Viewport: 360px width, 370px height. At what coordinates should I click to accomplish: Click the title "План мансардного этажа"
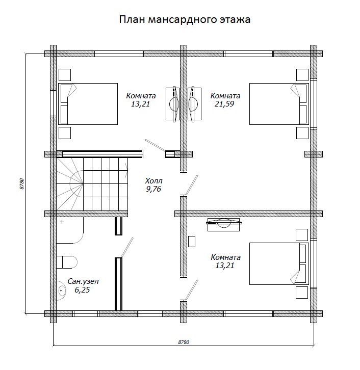tap(185, 19)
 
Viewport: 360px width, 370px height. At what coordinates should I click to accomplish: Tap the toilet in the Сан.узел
tap(67, 262)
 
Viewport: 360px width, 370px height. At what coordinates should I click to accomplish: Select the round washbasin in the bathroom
tap(61, 290)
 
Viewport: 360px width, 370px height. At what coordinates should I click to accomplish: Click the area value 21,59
tap(224, 104)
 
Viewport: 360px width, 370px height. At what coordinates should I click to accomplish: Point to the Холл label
tap(153, 181)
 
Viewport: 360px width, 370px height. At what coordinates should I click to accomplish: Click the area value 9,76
tap(153, 189)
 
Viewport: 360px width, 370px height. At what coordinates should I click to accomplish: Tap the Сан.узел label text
tap(83, 281)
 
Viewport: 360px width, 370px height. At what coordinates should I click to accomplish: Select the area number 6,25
tap(83, 290)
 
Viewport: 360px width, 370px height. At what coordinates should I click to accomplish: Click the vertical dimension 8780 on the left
tap(22, 184)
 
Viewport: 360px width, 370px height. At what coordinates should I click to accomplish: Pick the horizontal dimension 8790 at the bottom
tap(184, 342)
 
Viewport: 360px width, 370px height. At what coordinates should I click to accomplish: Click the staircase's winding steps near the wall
tap(70, 184)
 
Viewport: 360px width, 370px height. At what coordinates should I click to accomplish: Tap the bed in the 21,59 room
tap(279, 104)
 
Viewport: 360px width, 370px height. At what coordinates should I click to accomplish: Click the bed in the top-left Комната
tap(88, 104)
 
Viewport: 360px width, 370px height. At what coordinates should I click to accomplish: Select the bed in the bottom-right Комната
tap(279, 263)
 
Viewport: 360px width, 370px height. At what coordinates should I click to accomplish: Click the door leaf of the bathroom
tap(127, 247)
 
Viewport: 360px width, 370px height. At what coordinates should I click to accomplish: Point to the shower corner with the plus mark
tap(70, 230)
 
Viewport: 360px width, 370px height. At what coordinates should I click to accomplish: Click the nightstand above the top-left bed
tap(65, 75)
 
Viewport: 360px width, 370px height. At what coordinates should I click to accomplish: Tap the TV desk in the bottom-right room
tap(223, 224)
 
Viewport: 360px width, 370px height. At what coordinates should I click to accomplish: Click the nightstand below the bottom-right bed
tap(302, 293)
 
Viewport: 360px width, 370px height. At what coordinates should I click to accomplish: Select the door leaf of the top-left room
tap(155, 145)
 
